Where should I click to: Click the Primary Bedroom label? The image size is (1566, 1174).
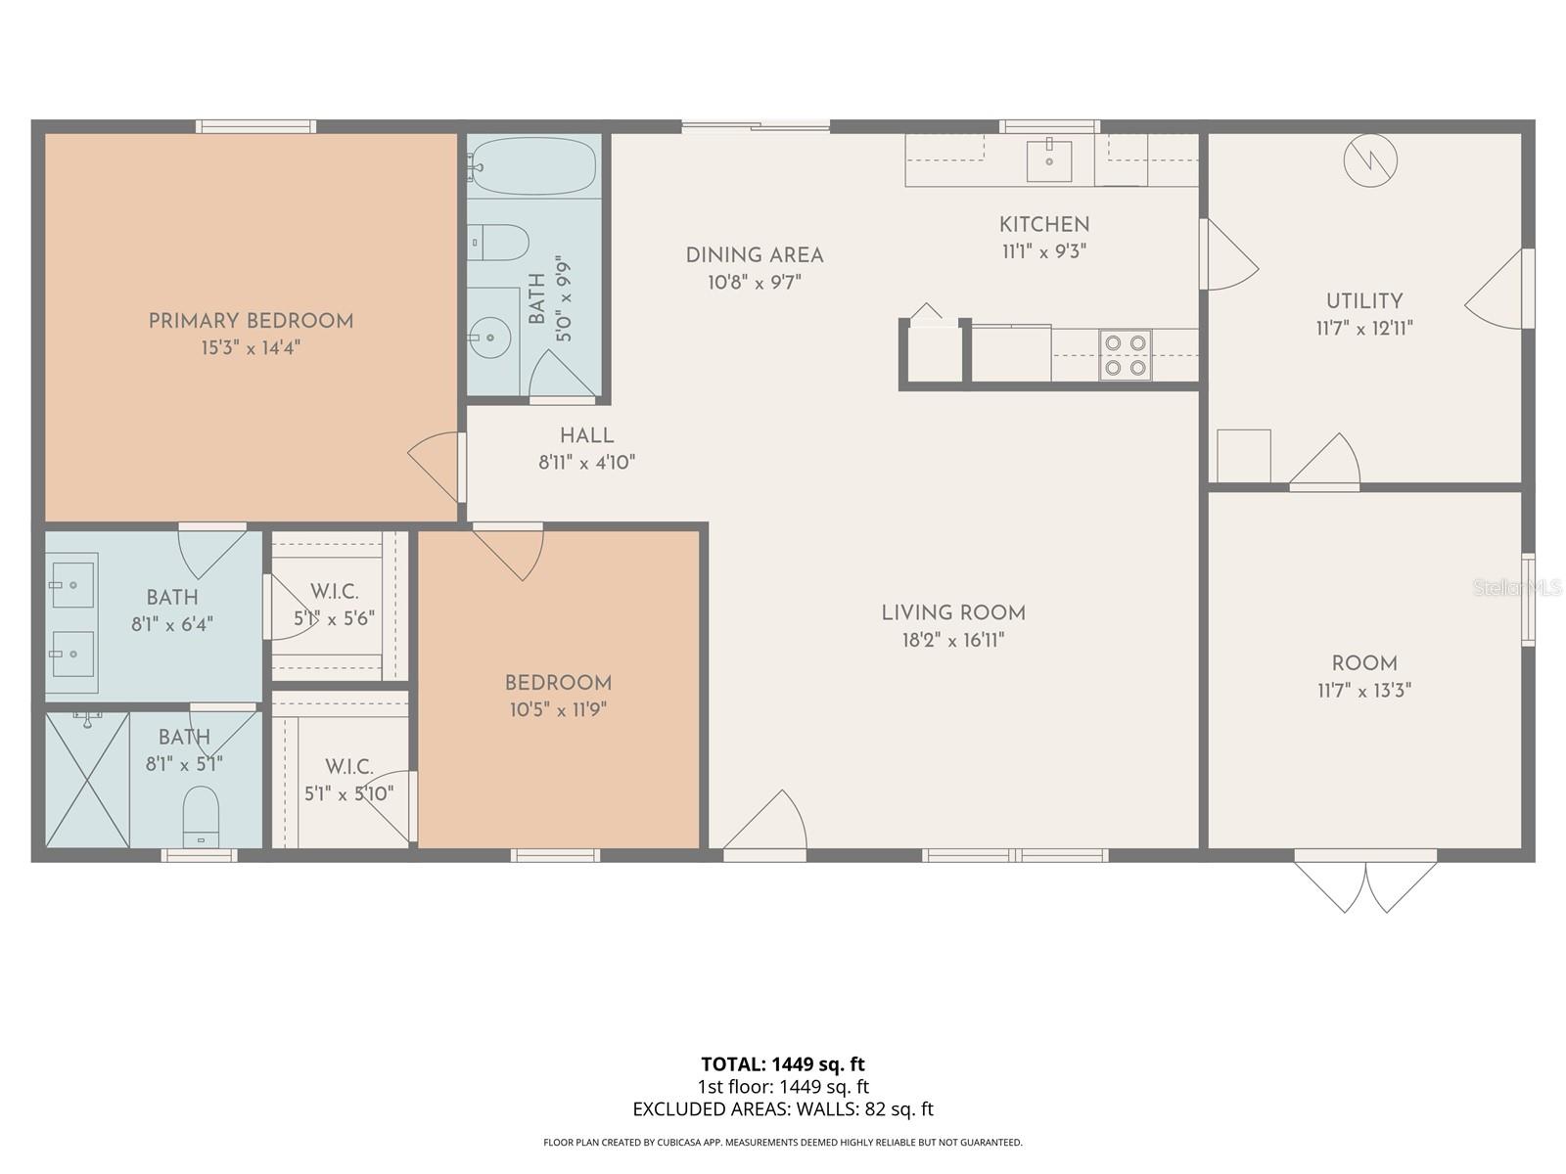tap(251, 321)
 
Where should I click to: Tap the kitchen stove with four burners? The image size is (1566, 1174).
tap(1126, 355)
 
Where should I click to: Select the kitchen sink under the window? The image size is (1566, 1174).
tap(1048, 161)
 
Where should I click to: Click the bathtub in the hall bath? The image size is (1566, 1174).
tap(533, 166)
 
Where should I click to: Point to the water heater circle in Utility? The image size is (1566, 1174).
tap(1369, 158)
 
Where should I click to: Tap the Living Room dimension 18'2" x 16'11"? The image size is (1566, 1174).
tap(953, 641)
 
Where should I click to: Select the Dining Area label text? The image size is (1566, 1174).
tap(755, 255)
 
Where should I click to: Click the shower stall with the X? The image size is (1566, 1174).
tap(87, 780)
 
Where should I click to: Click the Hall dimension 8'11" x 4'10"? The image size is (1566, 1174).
tap(587, 463)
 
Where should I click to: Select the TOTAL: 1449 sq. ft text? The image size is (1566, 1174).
tap(783, 1063)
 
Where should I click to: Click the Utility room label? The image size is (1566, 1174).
tap(1364, 301)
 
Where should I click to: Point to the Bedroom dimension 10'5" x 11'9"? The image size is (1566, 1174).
tap(558, 710)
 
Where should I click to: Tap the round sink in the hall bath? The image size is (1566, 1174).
tap(490, 339)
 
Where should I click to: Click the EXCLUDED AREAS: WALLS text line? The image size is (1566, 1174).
tap(783, 1109)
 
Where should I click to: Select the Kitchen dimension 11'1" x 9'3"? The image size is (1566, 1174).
tap(1044, 251)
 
